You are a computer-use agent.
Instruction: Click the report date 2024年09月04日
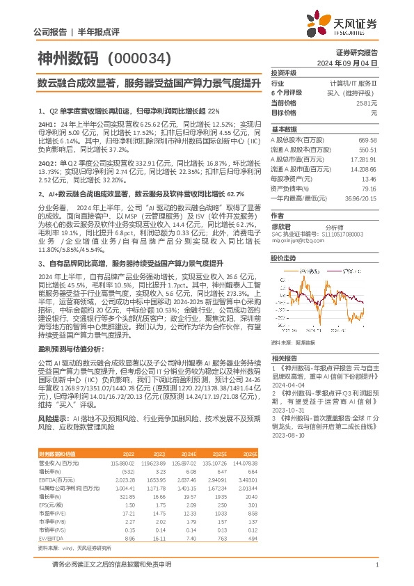click(x=356, y=62)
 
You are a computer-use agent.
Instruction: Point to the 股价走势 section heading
click(x=283, y=258)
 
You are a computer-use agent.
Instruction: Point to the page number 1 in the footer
click(x=376, y=565)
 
